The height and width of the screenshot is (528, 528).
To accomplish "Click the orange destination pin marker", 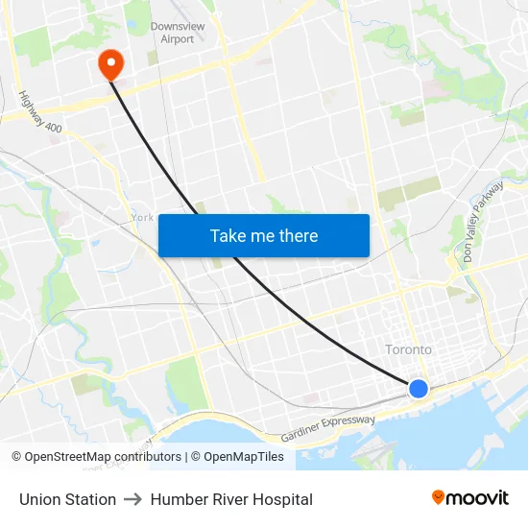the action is click(x=111, y=63).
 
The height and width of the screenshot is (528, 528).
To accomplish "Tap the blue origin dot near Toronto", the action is click(x=419, y=388).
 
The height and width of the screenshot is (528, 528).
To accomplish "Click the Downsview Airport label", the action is click(x=172, y=33).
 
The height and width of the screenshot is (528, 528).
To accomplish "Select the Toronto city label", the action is click(x=408, y=349).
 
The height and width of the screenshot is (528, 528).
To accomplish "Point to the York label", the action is click(x=142, y=218).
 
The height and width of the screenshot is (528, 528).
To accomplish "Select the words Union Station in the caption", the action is click(x=67, y=499).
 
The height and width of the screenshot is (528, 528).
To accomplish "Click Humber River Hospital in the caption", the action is click(x=231, y=499).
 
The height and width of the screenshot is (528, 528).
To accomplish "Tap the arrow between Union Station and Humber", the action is click(x=133, y=499).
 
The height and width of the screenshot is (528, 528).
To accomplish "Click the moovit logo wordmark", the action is click(x=478, y=497).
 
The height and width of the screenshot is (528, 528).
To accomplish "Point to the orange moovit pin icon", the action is click(x=439, y=497).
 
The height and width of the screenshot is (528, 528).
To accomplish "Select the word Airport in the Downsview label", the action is click(x=177, y=39).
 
